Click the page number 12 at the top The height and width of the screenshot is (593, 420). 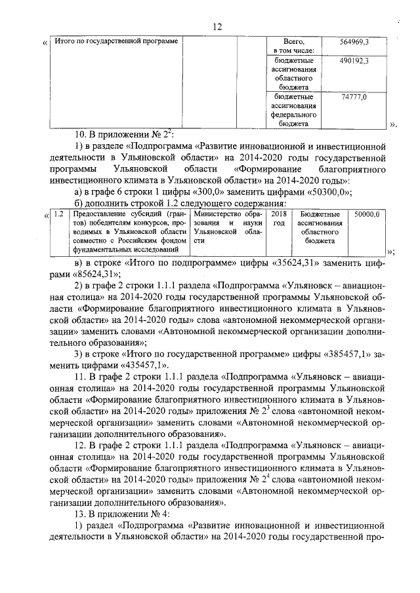point(218,26)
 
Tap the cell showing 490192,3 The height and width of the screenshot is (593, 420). point(354,60)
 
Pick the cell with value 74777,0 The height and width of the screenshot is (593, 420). point(354,97)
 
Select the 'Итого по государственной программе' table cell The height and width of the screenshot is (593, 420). point(116,42)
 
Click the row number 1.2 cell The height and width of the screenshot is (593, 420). point(58,214)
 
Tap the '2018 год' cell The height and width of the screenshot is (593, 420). point(279,219)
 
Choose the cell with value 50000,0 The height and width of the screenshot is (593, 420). point(367,214)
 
